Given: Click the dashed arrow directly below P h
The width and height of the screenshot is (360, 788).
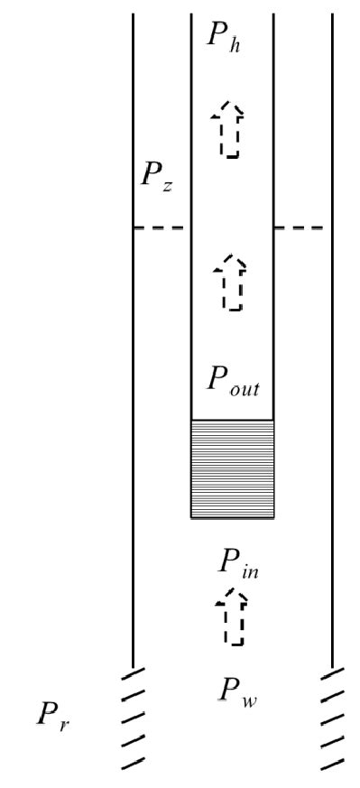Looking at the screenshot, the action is coord(231,130).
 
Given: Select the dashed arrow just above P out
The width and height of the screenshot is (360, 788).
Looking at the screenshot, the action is coord(232,282).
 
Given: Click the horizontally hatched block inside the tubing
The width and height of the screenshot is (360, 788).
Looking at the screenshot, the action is coord(232,468).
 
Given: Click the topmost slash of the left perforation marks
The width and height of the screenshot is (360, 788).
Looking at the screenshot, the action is coord(133,673).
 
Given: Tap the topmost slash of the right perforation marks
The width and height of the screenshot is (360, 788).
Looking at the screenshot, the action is coord(333,673).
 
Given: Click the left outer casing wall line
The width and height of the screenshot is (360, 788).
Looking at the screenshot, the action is coord(134,361).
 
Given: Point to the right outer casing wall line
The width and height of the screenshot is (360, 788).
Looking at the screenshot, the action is coord(333,361).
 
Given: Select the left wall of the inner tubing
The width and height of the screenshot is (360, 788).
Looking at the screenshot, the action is coord(190,316).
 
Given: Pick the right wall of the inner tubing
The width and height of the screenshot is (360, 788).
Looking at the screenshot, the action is coord(273,316).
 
